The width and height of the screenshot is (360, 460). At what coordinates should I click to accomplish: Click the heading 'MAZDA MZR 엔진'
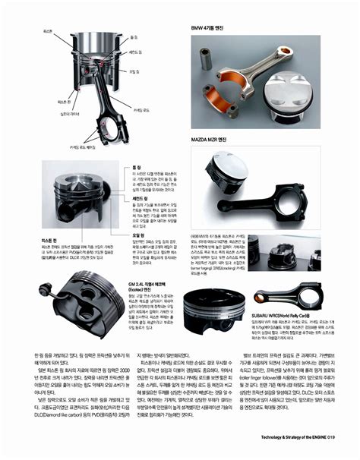click(x=209, y=140)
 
